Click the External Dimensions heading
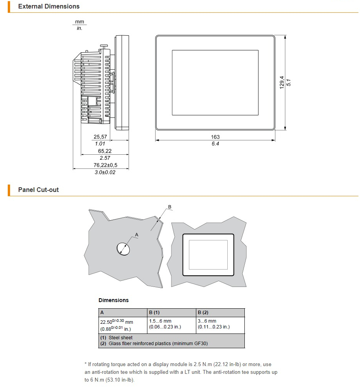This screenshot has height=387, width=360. click(x=48, y=7)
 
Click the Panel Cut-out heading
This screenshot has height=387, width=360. click(x=38, y=190)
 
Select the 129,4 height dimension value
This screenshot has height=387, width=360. click(x=282, y=82)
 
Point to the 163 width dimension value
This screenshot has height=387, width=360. click(x=215, y=137)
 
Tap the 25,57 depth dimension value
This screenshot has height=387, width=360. click(x=100, y=137)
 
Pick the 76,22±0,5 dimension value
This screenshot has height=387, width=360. click(x=105, y=165)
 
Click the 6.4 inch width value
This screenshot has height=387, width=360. click(x=215, y=144)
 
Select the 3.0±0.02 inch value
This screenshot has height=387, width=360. click(x=105, y=172)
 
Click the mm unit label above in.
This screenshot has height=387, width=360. click(x=79, y=22)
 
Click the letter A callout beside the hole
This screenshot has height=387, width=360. click(x=137, y=235)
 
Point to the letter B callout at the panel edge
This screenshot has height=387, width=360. click(x=170, y=207)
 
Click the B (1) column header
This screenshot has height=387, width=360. click(x=154, y=313)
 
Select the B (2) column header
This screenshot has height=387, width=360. click(x=203, y=313)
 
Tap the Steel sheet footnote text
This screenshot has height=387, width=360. click(x=120, y=338)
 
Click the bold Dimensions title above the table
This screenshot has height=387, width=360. click(x=113, y=300)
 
